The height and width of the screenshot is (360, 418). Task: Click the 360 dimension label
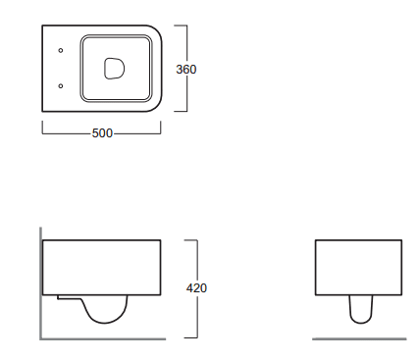click(186, 70)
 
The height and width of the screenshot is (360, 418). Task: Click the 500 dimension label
click(102, 133)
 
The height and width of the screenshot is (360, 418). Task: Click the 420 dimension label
click(196, 288)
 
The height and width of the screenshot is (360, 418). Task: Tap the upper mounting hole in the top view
click(61, 50)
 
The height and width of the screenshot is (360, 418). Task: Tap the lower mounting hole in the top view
click(61, 86)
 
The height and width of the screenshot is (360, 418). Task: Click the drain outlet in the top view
click(114, 69)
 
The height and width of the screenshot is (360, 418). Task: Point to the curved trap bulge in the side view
click(105, 323)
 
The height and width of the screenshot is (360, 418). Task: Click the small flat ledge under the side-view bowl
click(69, 297)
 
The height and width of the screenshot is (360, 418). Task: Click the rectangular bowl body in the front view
click(358, 268)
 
